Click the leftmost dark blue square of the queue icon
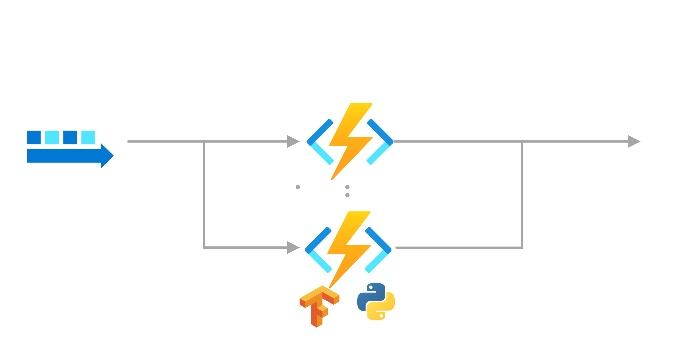tap(34, 137)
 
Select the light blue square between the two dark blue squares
tap(52, 137)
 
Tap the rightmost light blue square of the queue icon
tap(88, 137)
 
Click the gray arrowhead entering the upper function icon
tap(293, 141)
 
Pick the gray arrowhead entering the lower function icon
tap(293, 248)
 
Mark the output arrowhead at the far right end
tap(633, 141)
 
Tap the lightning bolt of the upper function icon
tap(350, 141)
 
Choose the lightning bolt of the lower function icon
tap(348, 249)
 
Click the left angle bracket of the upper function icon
tap(320, 141)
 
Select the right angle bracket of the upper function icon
tap(381, 141)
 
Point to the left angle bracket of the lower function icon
tap(318, 250)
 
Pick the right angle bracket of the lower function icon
tap(379, 250)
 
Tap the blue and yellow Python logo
tap(376, 301)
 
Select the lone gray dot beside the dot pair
tap(298, 187)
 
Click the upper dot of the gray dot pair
tap(347, 187)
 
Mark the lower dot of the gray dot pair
tap(347, 195)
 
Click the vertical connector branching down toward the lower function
tap(204, 194)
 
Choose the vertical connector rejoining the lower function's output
tap(522, 194)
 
